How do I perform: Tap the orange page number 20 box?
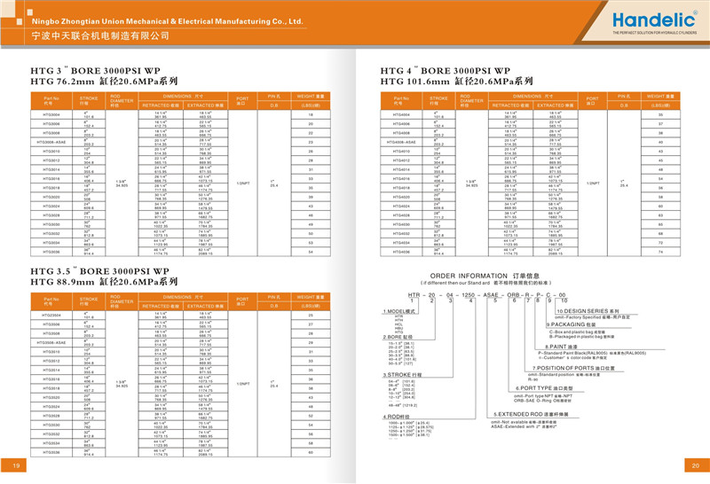tap(694, 466)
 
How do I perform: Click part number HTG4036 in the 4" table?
tap(400, 252)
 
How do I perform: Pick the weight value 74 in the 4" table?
tap(661, 252)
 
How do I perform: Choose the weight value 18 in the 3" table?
tap(312, 115)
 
